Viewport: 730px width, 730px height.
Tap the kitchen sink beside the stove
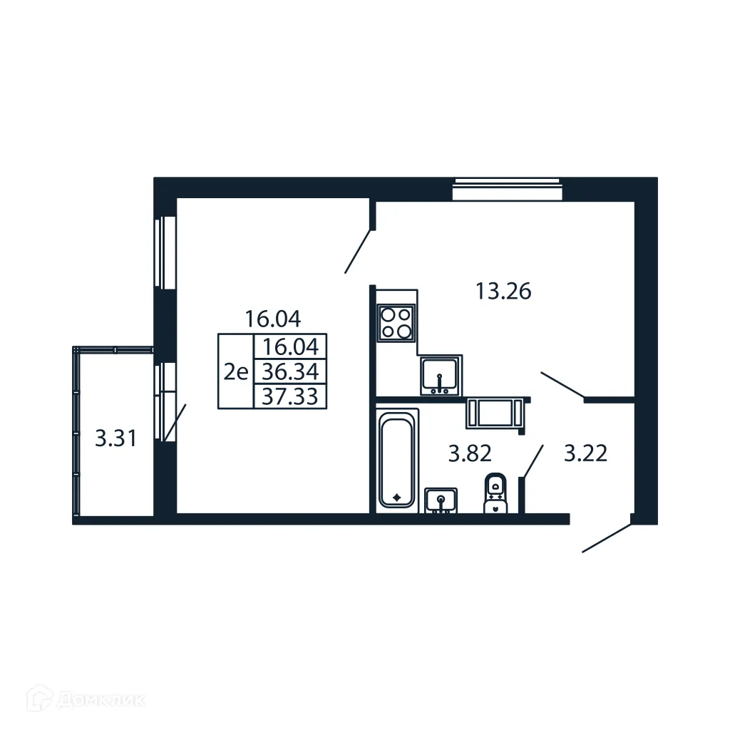[441, 376]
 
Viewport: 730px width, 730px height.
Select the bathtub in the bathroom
[397, 458]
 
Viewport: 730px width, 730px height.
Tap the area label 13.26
[503, 292]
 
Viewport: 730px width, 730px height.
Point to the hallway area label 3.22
[585, 453]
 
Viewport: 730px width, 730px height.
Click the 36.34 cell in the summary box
[290, 371]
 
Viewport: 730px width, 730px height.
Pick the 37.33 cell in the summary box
[290, 396]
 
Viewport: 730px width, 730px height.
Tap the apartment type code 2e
[235, 371]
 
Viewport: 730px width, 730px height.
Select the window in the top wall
[508, 190]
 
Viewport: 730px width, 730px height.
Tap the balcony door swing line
[175, 423]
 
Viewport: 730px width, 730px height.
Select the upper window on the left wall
[165, 252]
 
